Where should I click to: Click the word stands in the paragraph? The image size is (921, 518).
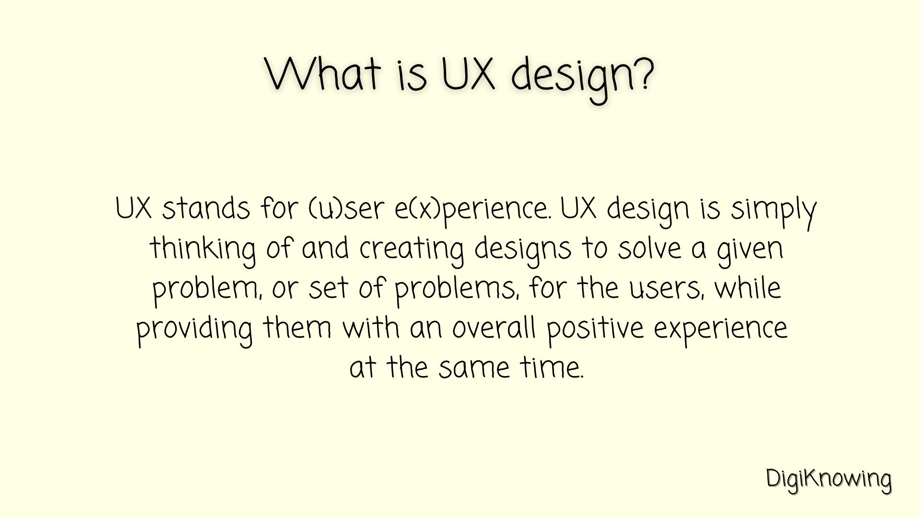(206, 209)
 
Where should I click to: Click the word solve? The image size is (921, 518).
(649, 248)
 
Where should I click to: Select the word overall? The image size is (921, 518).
(494, 328)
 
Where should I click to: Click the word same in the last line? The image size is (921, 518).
(474, 368)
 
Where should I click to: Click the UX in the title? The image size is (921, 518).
(468, 74)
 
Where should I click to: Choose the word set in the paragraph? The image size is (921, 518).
(328, 289)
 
